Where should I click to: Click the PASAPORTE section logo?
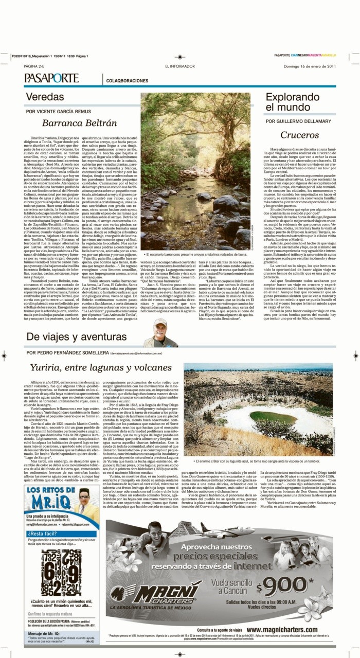click(x=51, y=78)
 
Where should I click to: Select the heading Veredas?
click(x=45, y=97)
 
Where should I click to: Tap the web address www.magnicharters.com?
click(x=287, y=629)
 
